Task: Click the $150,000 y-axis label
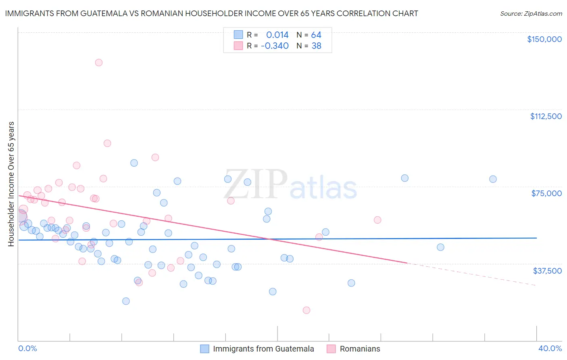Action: [x=544, y=39]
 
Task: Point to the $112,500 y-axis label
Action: [x=546, y=116]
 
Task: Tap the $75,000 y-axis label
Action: [x=546, y=193]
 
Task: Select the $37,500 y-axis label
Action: [x=547, y=271]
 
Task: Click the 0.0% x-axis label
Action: [x=27, y=348]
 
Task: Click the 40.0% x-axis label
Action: [x=550, y=348]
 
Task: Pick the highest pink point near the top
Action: [x=99, y=63]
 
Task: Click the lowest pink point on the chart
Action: [x=306, y=310]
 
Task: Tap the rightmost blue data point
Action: [x=493, y=179]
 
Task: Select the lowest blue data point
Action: [x=126, y=301]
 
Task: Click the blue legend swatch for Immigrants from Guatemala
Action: [x=205, y=349]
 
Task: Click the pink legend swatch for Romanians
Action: [x=331, y=349]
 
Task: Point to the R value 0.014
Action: [x=277, y=35]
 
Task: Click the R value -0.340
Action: [x=275, y=46]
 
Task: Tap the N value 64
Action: [x=316, y=35]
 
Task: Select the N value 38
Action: [x=316, y=46]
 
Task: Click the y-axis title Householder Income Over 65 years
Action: [x=11, y=184]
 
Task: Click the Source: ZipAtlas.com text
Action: [x=531, y=14]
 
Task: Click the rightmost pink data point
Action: [x=377, y=220]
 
